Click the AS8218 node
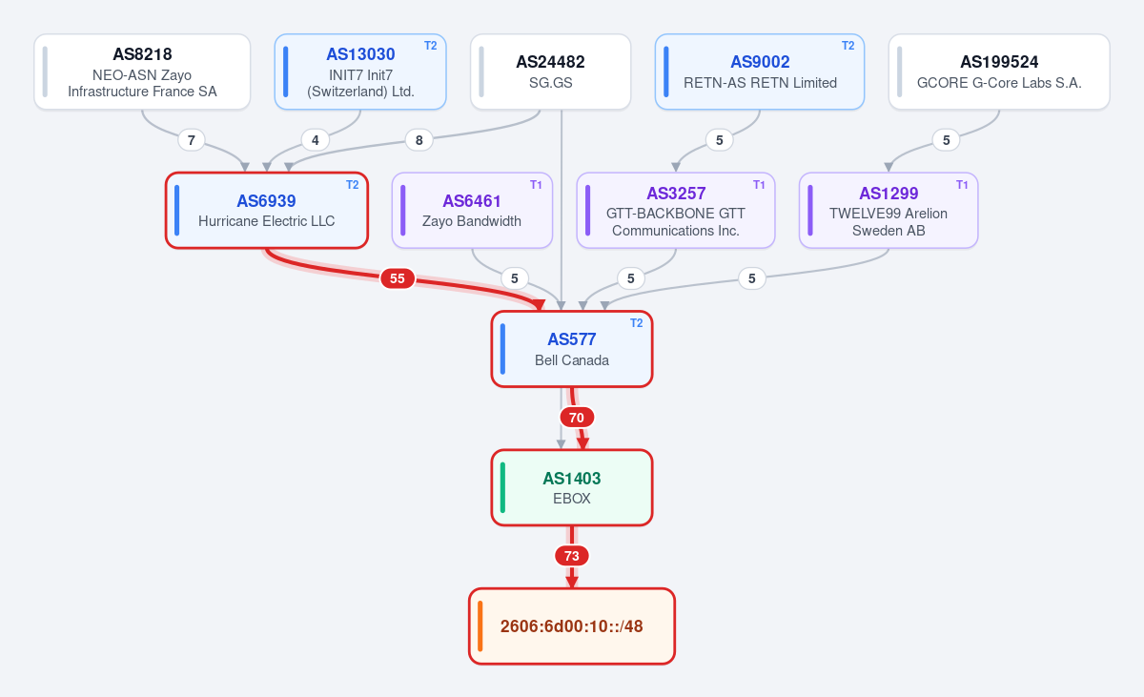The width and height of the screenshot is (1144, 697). coord(142,72)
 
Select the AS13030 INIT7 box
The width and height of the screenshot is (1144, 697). coord(360,72)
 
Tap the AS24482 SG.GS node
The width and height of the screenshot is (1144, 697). coord(551,72)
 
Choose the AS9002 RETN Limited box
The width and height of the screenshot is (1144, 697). coord(760,72)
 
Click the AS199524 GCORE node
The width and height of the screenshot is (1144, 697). coord(999,72)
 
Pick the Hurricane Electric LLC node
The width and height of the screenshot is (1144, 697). coord(267,211)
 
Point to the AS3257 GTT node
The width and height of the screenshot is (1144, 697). coord(676,211)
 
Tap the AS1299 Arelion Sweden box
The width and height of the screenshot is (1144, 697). coord(889,211)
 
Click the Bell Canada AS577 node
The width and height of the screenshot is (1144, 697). coord(572,349)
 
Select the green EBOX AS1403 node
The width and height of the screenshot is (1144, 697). coord(572,487)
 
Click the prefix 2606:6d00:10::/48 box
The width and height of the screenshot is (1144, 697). coord(572,626)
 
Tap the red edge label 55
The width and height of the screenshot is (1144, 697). coord(398,278)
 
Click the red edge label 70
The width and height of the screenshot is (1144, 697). coord(577,418)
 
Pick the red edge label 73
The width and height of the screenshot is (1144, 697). coord(571,556)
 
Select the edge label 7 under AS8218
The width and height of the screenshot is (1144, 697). coord(192,140)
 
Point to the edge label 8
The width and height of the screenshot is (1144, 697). coord(419,140)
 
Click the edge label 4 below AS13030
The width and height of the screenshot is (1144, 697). coord(316,140)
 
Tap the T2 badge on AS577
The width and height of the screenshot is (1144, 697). coord(637,323)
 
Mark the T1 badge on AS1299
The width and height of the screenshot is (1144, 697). coord(962,185)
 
